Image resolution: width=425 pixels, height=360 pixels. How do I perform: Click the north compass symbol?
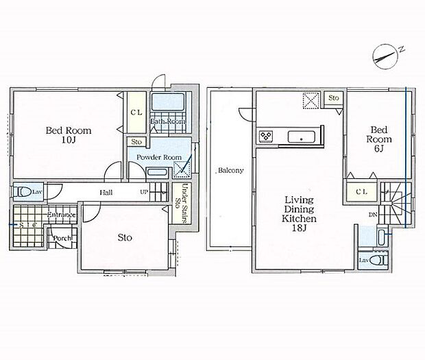[385, 57]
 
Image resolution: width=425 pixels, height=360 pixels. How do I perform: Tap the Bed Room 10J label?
[69, 134]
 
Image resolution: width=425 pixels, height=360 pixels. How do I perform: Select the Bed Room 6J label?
[379, 139]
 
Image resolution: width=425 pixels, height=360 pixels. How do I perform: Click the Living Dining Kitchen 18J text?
[299, 214]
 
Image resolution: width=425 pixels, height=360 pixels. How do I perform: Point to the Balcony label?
[231, 171]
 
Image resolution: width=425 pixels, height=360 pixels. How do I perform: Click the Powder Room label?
[159, 157]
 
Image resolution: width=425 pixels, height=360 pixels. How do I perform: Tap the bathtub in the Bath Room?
[168, 102]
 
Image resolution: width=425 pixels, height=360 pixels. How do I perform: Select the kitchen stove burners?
[265, 136]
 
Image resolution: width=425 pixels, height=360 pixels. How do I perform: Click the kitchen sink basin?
[302, 136]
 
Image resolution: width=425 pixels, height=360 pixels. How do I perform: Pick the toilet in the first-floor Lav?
[24, 192]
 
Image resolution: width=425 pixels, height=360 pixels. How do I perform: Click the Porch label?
[62, 238]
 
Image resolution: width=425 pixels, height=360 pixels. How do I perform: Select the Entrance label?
[61, 215]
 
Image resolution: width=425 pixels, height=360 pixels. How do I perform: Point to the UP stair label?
[144, 192]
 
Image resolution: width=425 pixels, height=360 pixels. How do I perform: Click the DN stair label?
[373, 215]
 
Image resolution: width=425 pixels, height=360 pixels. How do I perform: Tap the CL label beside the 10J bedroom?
[136, 112]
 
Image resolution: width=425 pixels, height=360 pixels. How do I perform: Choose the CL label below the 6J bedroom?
[361, 191]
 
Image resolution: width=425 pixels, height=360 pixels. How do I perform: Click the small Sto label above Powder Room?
[136, 142]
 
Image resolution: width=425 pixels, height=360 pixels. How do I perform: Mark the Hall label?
[106, 193]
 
